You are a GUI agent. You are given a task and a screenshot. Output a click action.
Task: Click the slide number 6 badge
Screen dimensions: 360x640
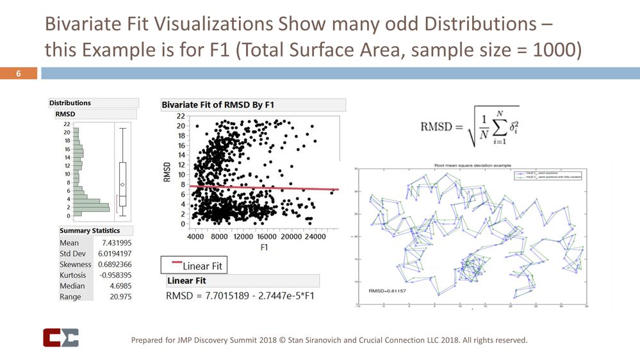[x=19, y=74]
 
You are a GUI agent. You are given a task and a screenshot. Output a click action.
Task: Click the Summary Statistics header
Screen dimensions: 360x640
[x=89, y=231]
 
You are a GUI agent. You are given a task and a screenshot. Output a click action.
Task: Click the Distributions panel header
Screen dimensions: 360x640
[x=70, y=102]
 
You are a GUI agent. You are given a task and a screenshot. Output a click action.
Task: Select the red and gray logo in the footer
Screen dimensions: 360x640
[x=60, y=338]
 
